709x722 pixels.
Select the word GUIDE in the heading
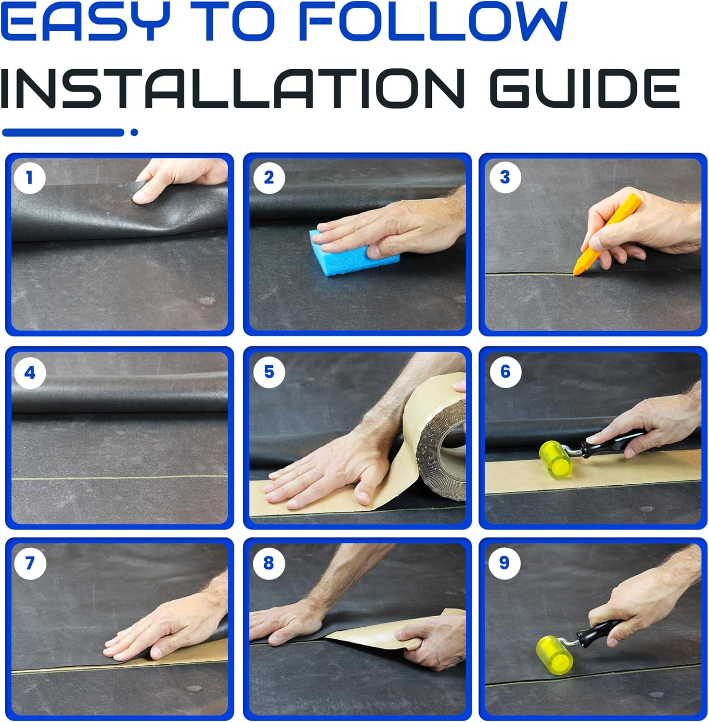pyautogui.click(x=584, y=88)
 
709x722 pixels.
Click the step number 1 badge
pyautogui.click(x=30, y=178)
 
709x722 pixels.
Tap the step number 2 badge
pyautogui.click(x=269, y=178)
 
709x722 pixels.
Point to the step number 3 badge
pyautogui.click(x=504, y=178)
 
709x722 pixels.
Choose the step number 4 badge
pyautogui.click(x=30, y=373)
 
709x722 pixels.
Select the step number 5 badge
pyautogui.click(x=269, y=372)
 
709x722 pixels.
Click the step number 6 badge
pyautogui.click(x=505, y=372)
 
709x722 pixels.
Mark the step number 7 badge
pyautogui.click(x=30, y=563)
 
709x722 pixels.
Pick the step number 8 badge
pyautogui.click(x=269, y=563)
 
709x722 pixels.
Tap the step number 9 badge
pyautogui.click(x=504, y=563)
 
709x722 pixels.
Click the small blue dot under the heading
pyautogui.click(x=134, y=132)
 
